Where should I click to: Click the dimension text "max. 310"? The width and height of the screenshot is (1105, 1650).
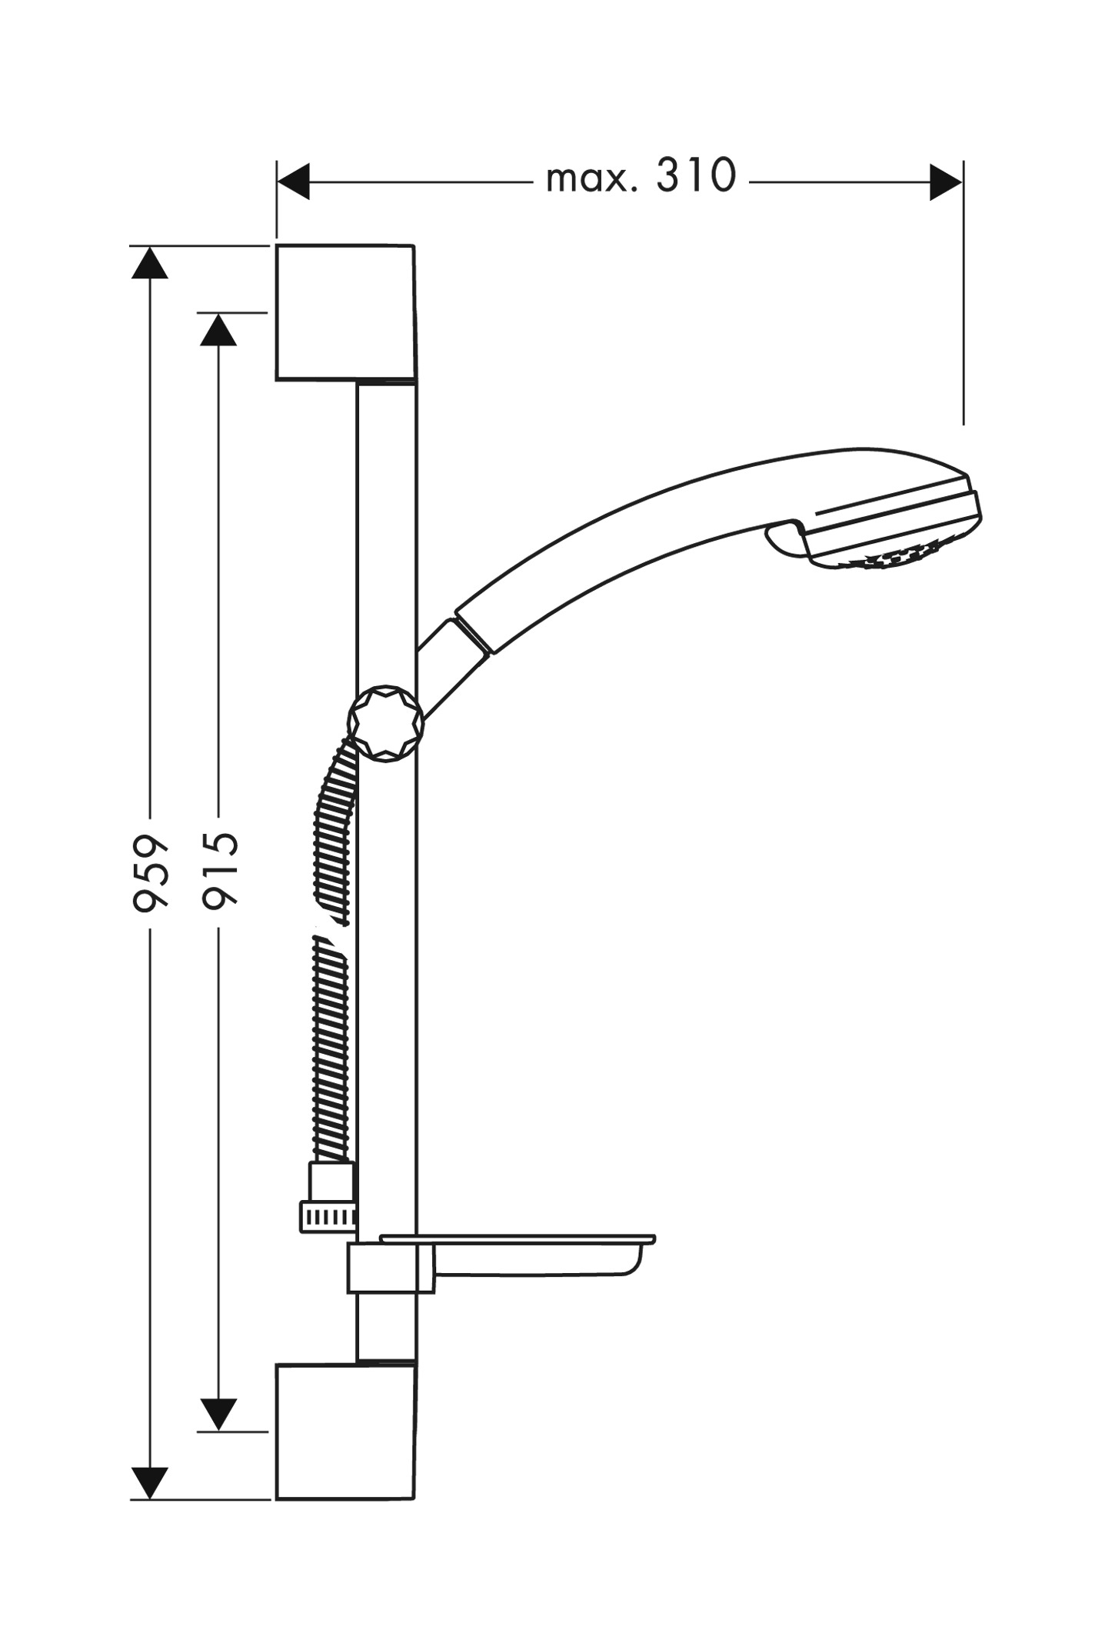click(641, 176)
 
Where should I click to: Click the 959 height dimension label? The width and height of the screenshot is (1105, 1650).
click(151, 872)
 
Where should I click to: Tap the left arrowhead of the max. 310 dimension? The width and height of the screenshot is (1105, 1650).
click(293, 182)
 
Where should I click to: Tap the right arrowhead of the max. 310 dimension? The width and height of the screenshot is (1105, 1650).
click(946, 182)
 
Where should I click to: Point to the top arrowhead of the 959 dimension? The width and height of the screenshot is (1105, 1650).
click(149, 262)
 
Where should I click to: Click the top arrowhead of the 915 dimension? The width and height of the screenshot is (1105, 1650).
click(218, 329)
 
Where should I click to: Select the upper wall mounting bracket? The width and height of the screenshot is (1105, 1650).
click(346, 313)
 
